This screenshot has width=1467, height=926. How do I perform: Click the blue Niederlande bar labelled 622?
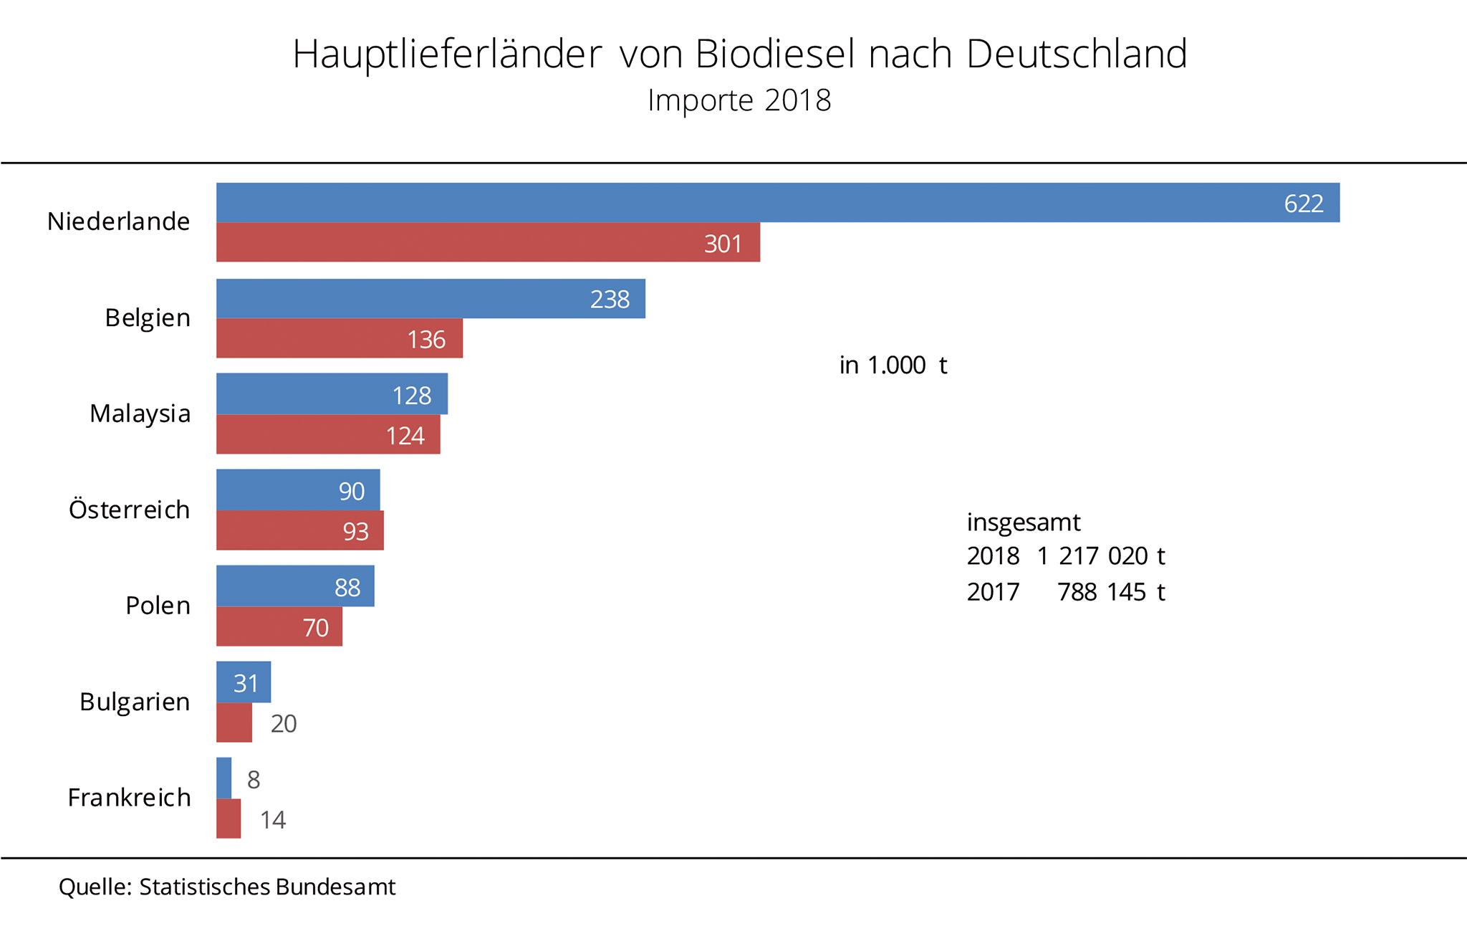point(777,203)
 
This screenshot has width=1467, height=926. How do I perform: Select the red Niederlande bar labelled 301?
point(487,242)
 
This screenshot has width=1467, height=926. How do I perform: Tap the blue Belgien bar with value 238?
point(430,299)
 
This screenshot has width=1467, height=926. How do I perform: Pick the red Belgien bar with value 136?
point(339,338)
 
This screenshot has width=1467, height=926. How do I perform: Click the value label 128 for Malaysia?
point(412,396)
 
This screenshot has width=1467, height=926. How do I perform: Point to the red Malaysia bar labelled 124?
point(327,434)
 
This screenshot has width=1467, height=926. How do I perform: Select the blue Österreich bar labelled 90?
point(297,490)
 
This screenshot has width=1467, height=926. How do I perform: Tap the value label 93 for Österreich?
point(356,532)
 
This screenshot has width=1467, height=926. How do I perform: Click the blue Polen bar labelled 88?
point(294,586)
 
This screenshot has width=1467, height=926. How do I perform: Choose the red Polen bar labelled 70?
point(279,627)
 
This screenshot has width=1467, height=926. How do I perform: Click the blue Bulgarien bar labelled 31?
point(244,682)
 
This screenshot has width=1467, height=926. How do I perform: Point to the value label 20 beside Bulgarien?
point(284,724)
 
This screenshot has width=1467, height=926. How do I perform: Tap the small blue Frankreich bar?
point(224,778)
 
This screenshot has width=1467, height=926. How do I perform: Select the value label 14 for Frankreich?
point(273,820)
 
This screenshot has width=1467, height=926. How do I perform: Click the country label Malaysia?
point(140,414)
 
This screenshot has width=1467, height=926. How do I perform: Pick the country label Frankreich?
point(130,798)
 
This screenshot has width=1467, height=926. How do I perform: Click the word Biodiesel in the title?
point(775,54)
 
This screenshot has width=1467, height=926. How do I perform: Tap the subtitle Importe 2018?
point(739,100)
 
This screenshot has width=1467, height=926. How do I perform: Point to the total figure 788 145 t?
point(1111,592)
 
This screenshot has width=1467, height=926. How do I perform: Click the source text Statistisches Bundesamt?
point(267,887)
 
